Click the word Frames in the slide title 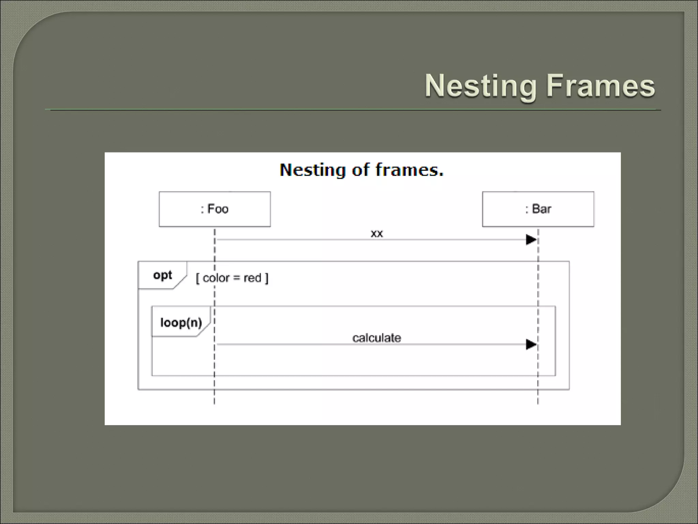point(601,86)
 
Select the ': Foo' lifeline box point(215,209)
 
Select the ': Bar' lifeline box point(538,209)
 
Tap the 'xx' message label point(377,234)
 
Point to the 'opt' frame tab point(163,275)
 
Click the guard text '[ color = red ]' point(232,278)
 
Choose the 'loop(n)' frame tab point(181,322)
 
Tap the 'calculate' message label point(377,338)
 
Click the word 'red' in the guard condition point(252,278)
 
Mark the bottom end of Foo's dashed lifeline point(214,403)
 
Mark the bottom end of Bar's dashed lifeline point(538,403)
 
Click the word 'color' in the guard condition point(216,278)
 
